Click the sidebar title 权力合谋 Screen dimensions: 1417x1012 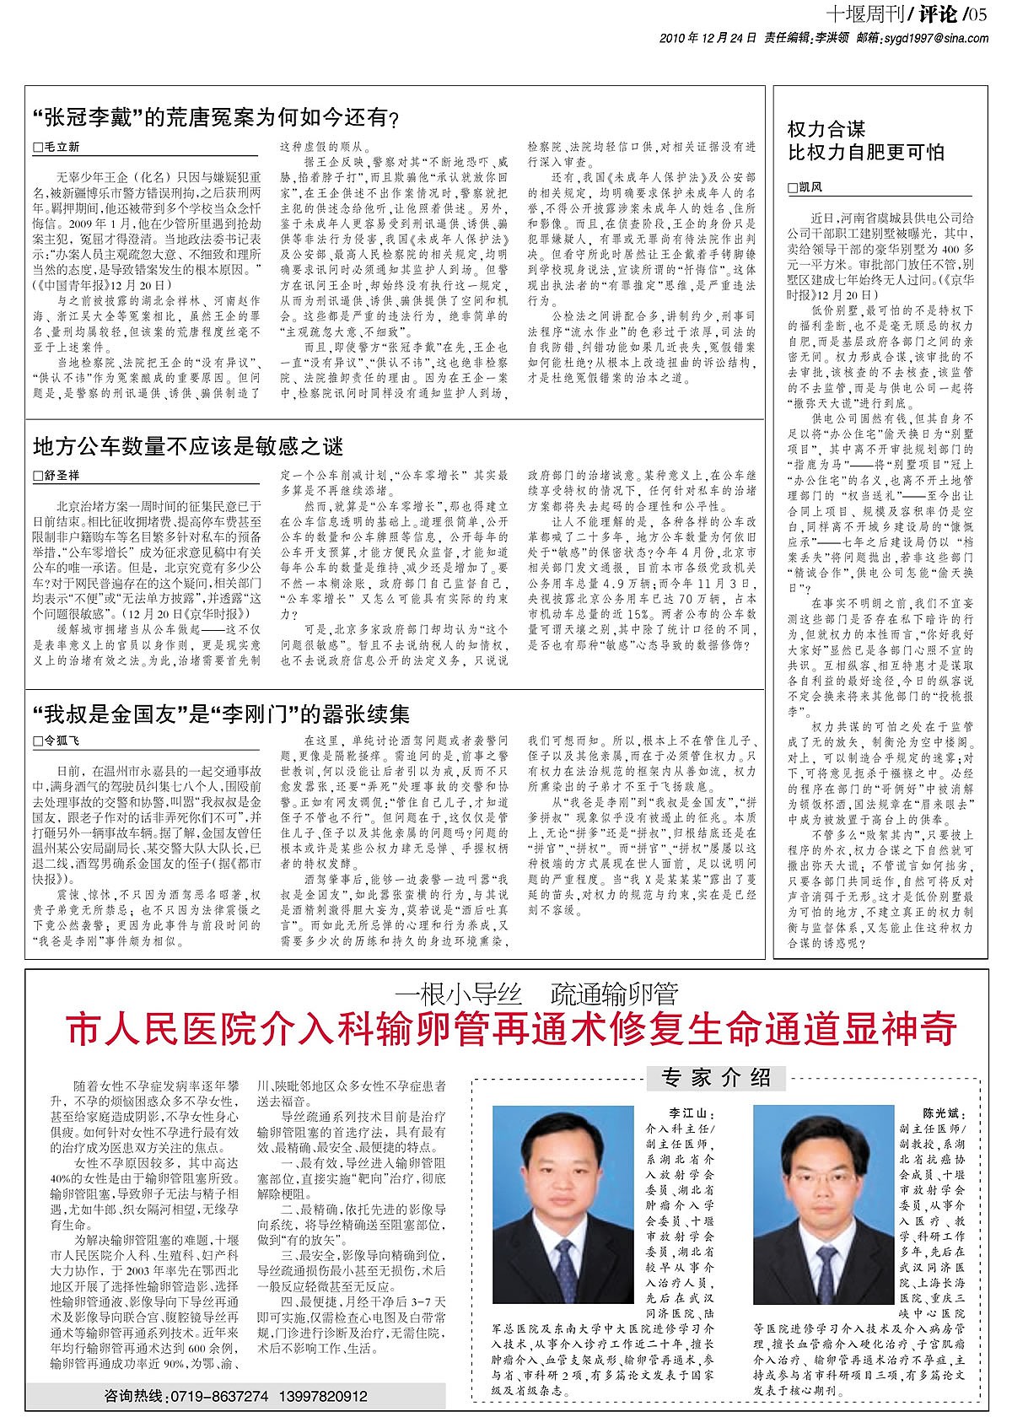(826, 129)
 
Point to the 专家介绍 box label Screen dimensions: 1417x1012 (717, 1077)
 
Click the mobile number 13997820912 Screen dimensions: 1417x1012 (325, 1395)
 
